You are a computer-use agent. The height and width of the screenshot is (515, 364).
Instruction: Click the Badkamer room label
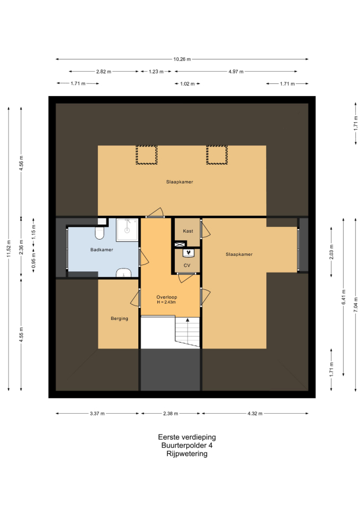pos(101,249)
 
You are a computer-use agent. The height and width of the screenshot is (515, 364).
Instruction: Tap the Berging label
pos(119,318)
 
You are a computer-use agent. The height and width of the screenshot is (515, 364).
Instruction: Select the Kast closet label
pos(188,231)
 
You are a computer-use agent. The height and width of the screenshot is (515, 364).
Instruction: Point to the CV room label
pos(187,266)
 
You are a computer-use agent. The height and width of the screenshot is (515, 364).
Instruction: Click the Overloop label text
pos(167,297)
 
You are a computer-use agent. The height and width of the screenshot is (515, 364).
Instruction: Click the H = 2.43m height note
pos(166,302)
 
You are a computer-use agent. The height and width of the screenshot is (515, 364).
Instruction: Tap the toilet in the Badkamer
pos(100,232)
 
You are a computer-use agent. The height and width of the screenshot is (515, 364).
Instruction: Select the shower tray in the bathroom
pos(127,230)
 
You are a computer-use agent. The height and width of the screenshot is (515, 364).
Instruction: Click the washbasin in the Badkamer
pos(124,273)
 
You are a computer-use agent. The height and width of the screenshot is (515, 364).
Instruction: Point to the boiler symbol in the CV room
pos(189,253)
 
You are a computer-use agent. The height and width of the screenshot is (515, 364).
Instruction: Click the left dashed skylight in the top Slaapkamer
pos(146,154)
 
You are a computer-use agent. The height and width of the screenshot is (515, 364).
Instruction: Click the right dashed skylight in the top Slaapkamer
pos(217,154)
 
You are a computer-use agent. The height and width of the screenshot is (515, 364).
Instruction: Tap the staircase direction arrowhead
pos(187,319)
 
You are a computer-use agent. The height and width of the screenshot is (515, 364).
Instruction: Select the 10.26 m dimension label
pos(182,60)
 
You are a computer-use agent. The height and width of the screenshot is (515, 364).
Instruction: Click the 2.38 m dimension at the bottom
pos(171,414)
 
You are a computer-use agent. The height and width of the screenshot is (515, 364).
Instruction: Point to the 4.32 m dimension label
pos(255,414)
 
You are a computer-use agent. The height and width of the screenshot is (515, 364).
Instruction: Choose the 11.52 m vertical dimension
pos(9,249)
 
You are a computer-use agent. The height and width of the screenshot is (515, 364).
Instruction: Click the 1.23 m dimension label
pos(156,72)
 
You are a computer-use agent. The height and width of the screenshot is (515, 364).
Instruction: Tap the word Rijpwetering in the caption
pos(187,454)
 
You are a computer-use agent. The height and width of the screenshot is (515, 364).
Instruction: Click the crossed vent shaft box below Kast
pos(179,244)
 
